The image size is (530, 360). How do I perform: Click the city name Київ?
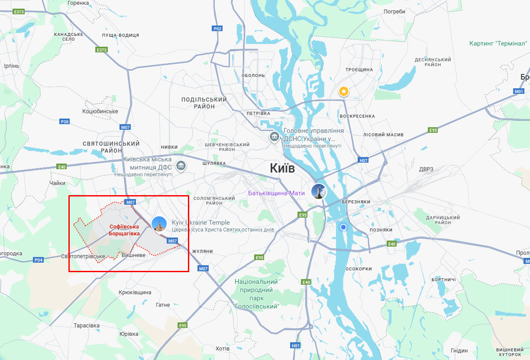pos(282,168)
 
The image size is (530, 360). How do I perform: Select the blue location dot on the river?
pos(343,227)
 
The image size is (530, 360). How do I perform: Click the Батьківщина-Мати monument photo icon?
pos(319,191)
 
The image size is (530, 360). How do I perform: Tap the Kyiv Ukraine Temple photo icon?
pos(159,224)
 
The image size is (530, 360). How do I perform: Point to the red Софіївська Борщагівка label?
pos(124,230)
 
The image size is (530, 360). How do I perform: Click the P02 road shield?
pos(217,29)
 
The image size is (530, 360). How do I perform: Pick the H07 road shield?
pos(363,160)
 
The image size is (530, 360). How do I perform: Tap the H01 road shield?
pos(295,345)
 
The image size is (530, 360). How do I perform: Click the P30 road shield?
pos(65,122)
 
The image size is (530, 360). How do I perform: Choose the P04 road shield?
pos(39,260)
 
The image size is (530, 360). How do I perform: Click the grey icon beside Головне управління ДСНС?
pos(274,137)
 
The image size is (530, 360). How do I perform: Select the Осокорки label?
pos(359,269)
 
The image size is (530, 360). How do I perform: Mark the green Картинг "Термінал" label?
pos(498,43)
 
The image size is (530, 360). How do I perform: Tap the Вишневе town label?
pos(133,255)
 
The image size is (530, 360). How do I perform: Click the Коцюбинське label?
pos(100,111)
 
